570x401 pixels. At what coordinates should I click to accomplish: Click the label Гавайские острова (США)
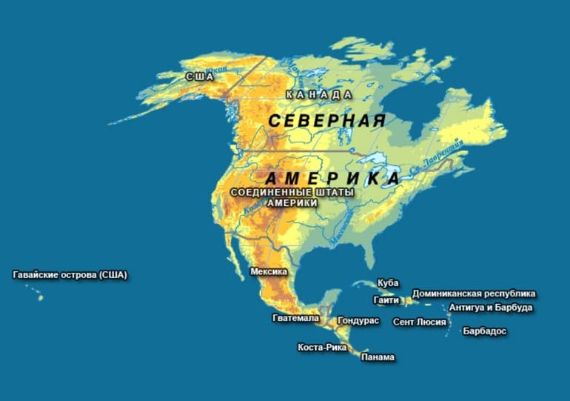(70, 275)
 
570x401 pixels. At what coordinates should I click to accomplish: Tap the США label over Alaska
(199, 76)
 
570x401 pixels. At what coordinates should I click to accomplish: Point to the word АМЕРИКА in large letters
(332, 179)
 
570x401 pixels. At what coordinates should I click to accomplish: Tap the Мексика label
(269, 272)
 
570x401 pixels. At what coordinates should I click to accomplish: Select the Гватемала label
(295, 319)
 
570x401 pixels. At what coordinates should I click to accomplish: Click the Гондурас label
(358, 321)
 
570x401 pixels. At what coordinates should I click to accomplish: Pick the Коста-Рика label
(322, 347)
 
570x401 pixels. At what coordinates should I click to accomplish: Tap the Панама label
(378, 357)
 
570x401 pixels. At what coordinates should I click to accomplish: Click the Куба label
(388, 283)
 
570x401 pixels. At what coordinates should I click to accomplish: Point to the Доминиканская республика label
(474, 294)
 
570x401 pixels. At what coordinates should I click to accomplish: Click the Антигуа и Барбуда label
(491, 308)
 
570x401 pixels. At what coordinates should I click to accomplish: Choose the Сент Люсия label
(420, 322)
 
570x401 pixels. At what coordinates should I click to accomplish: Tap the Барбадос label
(485, 331)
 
